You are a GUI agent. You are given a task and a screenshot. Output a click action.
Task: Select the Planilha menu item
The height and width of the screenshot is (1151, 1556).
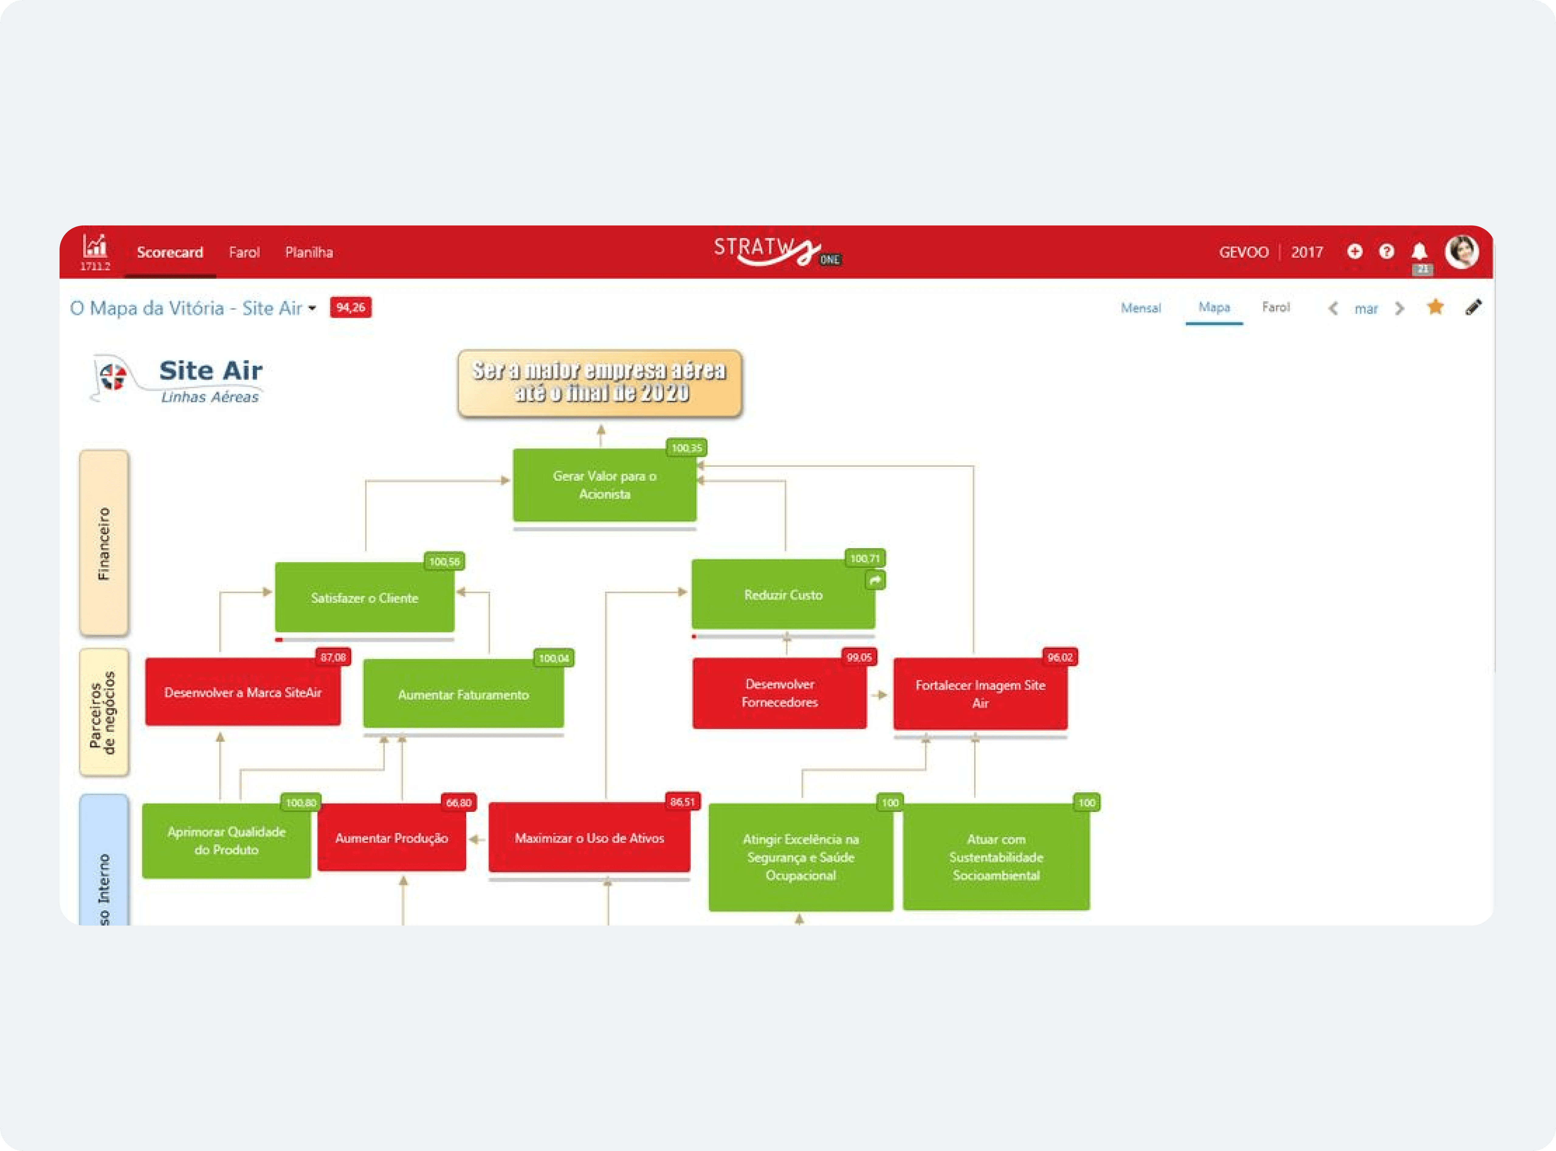pyautogui.click(x=309, y=252)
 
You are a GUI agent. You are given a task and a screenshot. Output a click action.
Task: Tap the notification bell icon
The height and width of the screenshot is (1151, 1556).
pyautogui.click(x=1419, y=251)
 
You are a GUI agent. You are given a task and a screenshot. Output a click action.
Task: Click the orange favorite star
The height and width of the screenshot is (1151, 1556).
pyautogui.click(x=1435, y=307)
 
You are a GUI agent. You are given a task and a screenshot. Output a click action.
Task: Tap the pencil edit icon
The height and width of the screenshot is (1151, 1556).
pyautogui.click(x=1473, y=307)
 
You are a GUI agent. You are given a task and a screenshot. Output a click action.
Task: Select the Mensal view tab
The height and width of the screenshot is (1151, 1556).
pyautogui.click(x=1140, y=308)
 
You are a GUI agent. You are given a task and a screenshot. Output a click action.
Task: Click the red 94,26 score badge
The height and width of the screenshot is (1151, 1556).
pyautogui.click(x=350, y=307)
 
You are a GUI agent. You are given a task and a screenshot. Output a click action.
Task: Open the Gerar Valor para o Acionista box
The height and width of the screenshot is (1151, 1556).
pyautogui.click(x=604, y=485)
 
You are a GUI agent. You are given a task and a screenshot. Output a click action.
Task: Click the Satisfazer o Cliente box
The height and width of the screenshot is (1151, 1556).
pyautogui.click(x=364, y=598)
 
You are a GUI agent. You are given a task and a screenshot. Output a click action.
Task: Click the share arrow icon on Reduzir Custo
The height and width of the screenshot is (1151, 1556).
pyautogui.click(x=875, y=580)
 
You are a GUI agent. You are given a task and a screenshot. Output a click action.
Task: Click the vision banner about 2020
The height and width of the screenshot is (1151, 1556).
pyautogui.click(x=600, y=383)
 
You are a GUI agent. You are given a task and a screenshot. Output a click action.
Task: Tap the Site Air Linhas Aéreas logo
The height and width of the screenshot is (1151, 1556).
pyautogui.click(x=178, y=380)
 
